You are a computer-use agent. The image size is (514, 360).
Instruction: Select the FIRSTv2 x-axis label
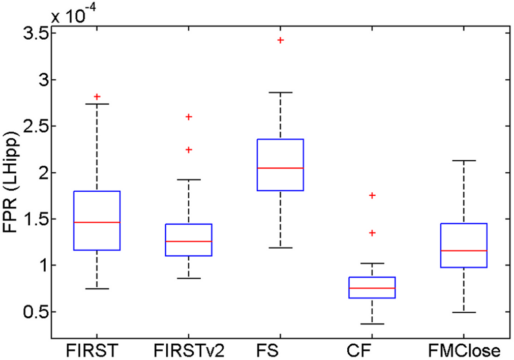189,350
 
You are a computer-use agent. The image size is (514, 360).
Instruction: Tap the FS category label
281,350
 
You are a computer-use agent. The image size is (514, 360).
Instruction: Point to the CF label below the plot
373,350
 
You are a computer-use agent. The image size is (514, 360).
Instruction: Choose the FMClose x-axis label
465,350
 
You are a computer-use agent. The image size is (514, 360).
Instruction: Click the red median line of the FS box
281,168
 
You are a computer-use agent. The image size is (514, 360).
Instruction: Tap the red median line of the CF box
373,288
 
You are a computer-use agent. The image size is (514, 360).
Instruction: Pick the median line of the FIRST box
97,222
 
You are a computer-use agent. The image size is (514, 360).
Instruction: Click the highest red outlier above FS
281,40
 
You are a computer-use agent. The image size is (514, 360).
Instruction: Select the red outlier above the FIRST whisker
97,96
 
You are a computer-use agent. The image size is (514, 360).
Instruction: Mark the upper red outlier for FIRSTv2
189,116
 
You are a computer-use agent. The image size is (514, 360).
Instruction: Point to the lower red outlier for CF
373,232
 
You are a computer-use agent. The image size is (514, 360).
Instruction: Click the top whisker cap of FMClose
465,161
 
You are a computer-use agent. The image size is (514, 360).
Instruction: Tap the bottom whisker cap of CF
373,324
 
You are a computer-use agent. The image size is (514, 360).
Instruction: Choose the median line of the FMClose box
465,251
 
